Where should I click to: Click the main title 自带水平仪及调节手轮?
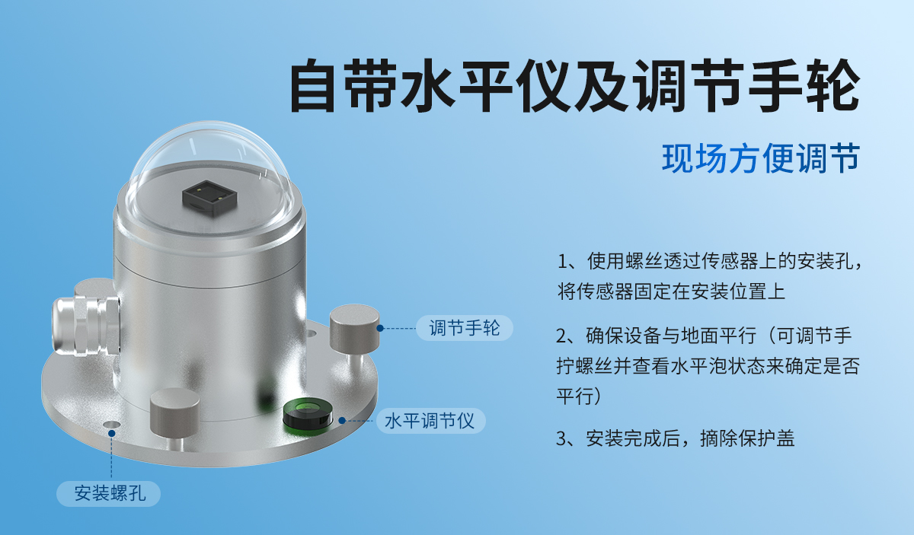(575, 85)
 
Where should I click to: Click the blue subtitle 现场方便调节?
(760, 158)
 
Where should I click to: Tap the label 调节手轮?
(464, 329)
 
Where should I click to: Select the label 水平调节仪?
(430, 421)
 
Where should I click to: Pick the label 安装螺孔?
(109, 493)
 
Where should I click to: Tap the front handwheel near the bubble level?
(174, 415)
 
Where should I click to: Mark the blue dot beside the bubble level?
(343, 420)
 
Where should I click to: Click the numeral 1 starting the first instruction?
(563, 262)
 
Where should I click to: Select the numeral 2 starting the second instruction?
(563, 336)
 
